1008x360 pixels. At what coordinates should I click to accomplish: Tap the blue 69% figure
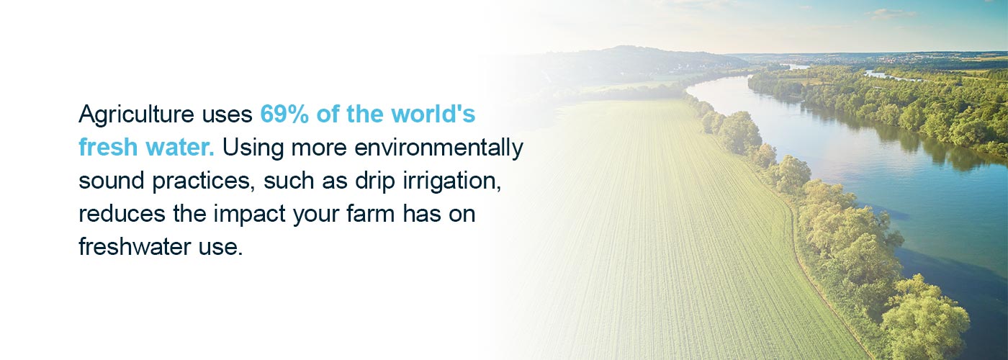click(x=284, y=114)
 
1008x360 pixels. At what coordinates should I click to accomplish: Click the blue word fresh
click(x=108, y=147)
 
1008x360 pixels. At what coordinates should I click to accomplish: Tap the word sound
click(x=111, y=181)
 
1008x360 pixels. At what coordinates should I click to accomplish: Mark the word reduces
click(x=122, y=215)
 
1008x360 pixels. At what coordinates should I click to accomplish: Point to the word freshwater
click(x=135, y=246)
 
